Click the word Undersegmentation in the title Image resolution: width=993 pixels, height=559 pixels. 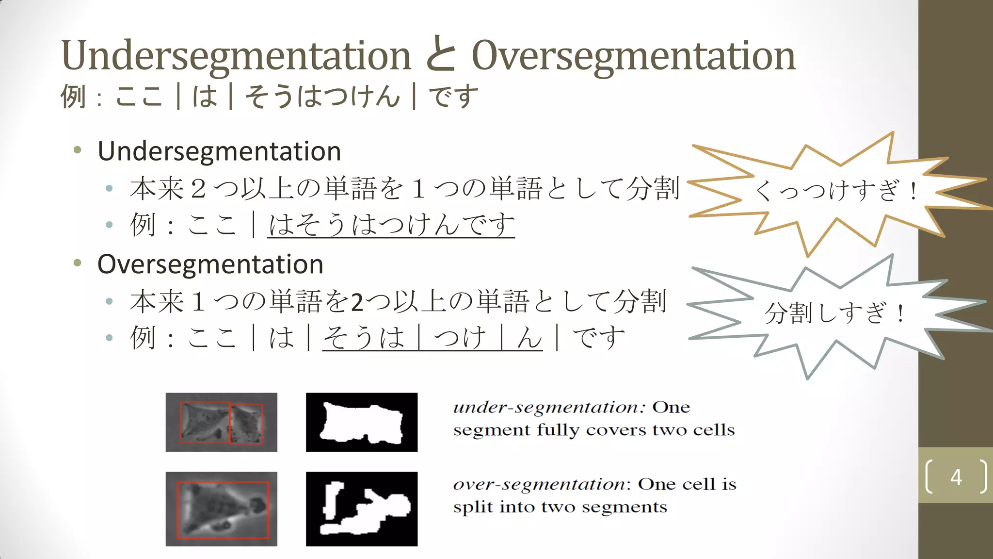236,56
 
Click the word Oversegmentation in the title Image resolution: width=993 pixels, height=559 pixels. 633,56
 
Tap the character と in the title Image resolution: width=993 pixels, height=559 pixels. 441,54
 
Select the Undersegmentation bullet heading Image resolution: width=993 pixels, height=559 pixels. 219,151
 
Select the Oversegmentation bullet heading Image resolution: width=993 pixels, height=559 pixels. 210,264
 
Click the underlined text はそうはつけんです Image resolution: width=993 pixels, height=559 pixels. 391,225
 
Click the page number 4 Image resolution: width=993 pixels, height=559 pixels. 956,477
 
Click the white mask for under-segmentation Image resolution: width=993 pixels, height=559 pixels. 362,422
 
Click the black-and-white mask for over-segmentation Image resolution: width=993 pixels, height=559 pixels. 362,509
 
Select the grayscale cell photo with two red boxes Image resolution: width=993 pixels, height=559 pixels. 222,422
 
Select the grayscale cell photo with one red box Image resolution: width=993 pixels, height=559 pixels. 222,509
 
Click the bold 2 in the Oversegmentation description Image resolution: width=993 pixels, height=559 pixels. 357,302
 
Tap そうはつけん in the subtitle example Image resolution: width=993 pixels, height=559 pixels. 322,96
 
